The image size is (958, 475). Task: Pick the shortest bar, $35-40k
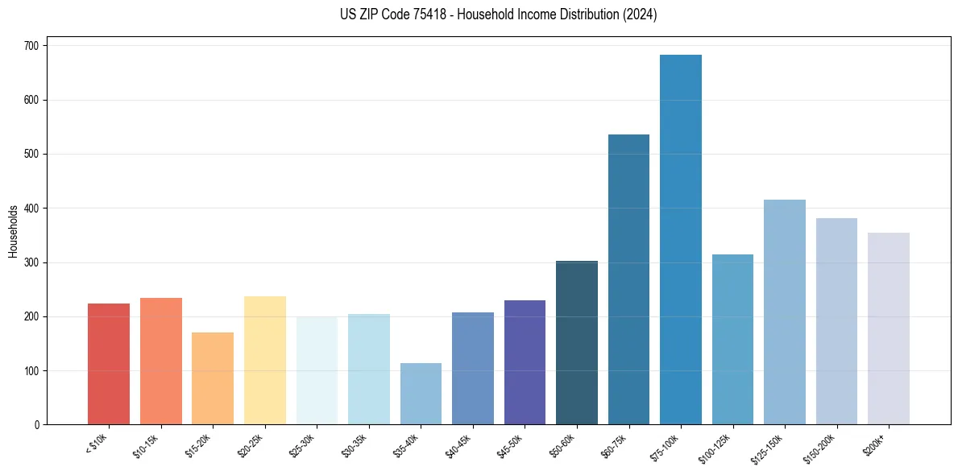421,394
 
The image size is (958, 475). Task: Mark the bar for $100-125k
732,339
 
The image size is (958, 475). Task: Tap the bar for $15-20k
213,378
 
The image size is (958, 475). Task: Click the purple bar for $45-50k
525,362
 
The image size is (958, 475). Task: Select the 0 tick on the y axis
37,425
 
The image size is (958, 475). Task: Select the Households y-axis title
13,231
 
